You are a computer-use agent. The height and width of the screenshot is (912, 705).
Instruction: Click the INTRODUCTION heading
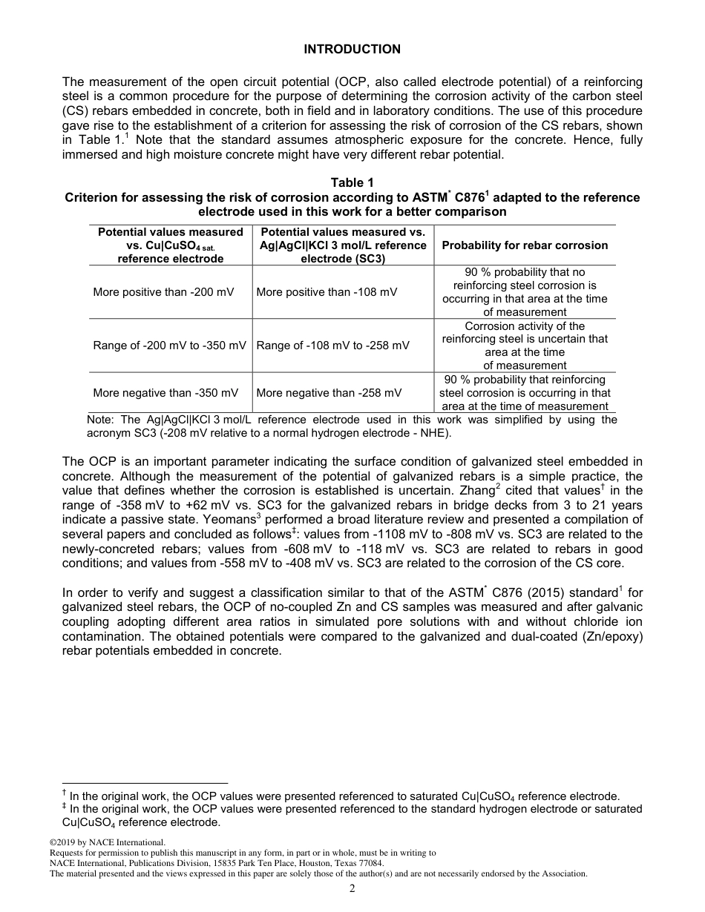coord(352,50)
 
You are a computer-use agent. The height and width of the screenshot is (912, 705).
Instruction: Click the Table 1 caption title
coord(352,183)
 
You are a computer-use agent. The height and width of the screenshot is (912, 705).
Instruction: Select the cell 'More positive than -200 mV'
coord(163,292)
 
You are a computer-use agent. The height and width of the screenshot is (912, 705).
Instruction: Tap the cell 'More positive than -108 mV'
coord(327,292)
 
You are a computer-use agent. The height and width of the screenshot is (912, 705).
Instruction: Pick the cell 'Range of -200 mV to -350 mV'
coord(169,346)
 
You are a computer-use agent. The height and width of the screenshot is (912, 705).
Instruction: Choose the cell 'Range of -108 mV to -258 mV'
coord(332,346)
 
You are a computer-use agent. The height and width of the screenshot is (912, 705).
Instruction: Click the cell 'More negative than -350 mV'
coord(165,393)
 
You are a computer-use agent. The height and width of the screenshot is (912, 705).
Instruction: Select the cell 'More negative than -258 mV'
coord(329,393)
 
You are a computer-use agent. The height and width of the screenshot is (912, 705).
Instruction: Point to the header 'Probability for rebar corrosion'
coord(525,245)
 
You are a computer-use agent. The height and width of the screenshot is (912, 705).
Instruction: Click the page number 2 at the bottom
coord(352,889)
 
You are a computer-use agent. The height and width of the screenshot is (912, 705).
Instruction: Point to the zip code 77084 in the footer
coord(369,864)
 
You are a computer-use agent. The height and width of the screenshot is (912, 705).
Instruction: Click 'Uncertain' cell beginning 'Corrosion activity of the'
coord(525,346)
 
